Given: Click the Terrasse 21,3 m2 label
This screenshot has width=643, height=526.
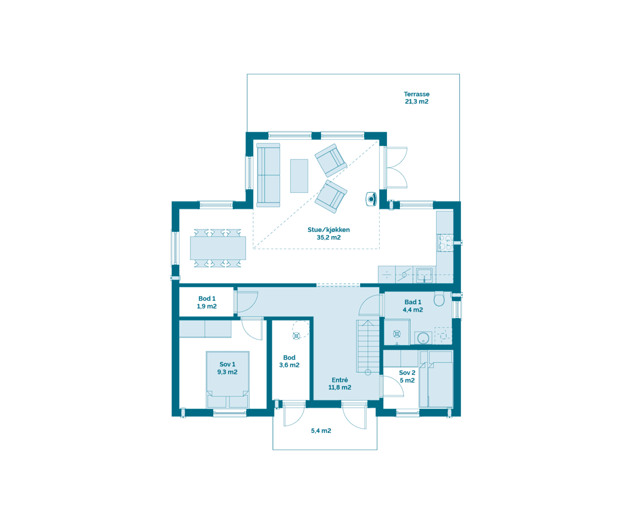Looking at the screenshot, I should pyautogui.click(x=416, y=98).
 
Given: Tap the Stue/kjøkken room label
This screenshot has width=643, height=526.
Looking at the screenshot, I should pyautogui.click(x=328, y=233).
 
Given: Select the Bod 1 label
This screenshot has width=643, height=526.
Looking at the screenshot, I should pyautogui.click(x=207, y=302).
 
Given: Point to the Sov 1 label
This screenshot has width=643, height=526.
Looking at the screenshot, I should pyautogui.click(x=227, y=368).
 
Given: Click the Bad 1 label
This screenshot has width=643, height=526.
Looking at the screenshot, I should pyautogui.click(x=413, y=306).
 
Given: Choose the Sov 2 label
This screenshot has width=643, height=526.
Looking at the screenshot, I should pyautogui.click(x=407, y=376).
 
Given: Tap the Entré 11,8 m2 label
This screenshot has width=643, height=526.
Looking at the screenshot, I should pyautogui.click(x=340, y=384).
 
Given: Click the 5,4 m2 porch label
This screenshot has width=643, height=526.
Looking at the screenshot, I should pyautogui.click(x=321, y=431).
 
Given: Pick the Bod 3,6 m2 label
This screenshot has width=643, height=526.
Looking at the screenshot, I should pyautogui.click(x=289, y=361).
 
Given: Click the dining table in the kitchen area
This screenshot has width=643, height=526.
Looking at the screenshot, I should pyautogui.click(x=217, y=248).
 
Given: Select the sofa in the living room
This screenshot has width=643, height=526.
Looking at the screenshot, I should pyautogui.click(x=268, y=175).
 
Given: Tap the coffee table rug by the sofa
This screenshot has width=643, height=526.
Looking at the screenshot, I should pyautogui.click(x=299, y=175).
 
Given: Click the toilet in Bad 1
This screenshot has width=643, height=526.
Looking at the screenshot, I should pyautogui.click(x=439, y=299).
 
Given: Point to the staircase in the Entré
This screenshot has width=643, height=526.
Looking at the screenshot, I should pyautogui.click(x=368, y=346).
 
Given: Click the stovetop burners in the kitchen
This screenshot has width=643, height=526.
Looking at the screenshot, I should pyautogui.click(x=444, y=243).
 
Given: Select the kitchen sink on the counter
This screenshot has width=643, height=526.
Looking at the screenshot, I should pyautogui.click(x=424, y=275).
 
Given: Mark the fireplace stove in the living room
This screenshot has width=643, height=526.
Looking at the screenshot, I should pyautogui.click(x=371, y=198).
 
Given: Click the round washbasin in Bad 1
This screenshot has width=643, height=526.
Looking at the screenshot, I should pyautogui.click(x=422, y=338).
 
